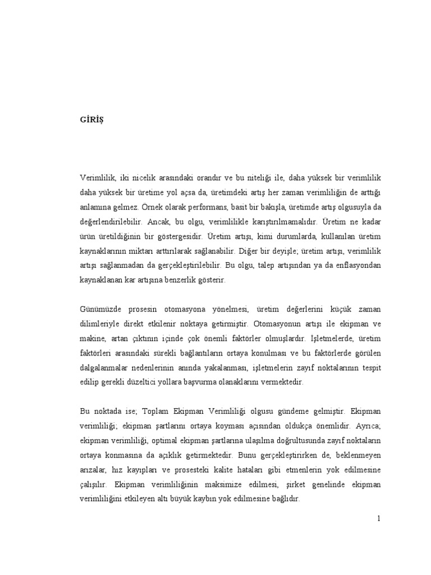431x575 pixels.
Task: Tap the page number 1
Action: pyautogui.click(x=379, y=518)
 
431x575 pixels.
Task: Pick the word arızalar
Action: pyautogui.click(x=92, y=469)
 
